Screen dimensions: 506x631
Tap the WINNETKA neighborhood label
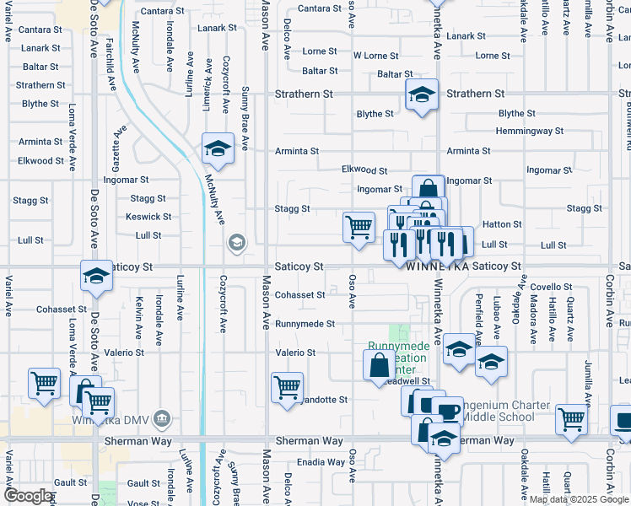click(437, 266)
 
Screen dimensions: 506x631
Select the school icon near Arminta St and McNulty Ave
click(218, 148)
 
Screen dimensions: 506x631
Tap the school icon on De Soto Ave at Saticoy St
click(96, 276)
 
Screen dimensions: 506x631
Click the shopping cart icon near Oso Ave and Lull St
click(359, 227)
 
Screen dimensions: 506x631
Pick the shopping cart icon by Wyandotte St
click(288, 387)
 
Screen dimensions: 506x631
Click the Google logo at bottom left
click(28, 496)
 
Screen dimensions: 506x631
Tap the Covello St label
click(552, 288)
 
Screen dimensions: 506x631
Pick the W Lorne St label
click(375, 56)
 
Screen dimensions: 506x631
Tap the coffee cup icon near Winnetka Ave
click(448, 411)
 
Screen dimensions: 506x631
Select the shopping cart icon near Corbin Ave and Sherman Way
click(571, 417)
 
